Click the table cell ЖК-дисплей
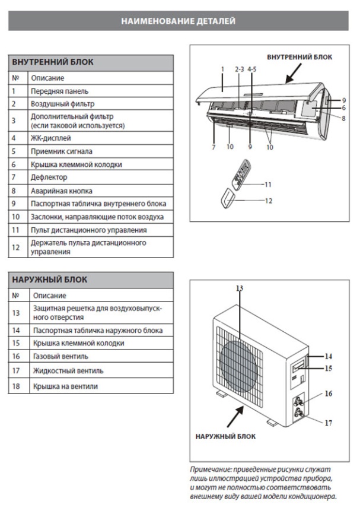click(x=50, y=138)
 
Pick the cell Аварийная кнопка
click(x=58, y=191)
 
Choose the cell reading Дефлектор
click(x=49, y=177)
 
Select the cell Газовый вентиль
click(x=60, y=357)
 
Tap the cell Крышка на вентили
click(x=65, y=386)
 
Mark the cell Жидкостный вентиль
click(x=68, y=371)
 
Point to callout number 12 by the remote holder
click(x=269, y=201)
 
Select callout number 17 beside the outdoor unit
click(x=328, y=423)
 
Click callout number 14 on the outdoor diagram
click(x=328, y=356)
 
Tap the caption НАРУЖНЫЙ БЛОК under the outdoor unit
click(x=225, y=436)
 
